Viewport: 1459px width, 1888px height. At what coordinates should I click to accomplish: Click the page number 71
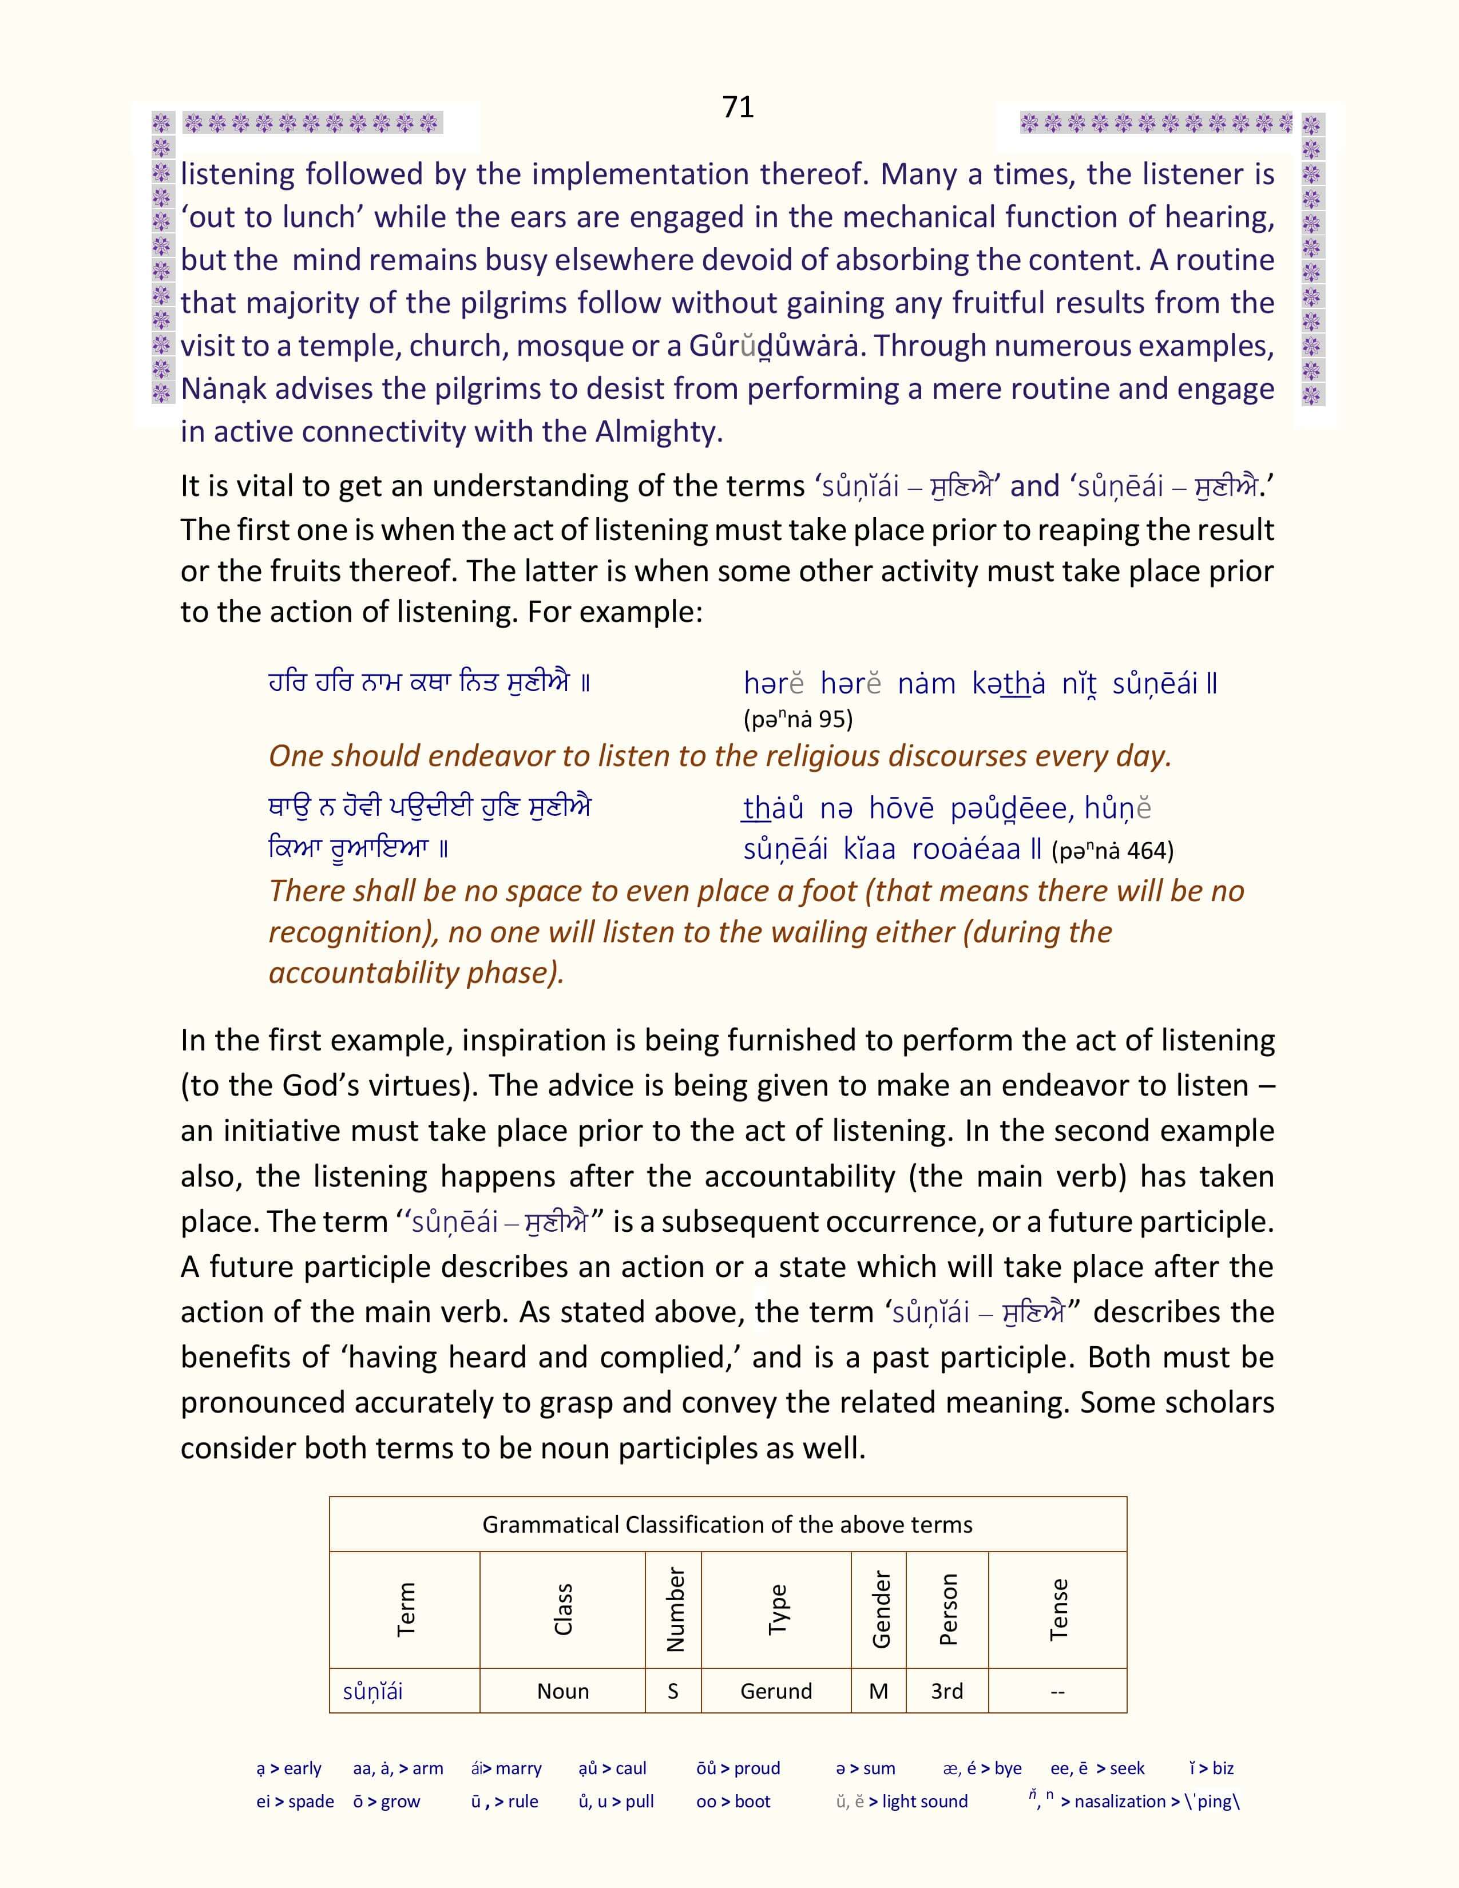pyautogui.click(x=738, y=107)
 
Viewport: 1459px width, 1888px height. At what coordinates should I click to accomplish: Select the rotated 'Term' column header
pyautogui.click(x=406, y=1609)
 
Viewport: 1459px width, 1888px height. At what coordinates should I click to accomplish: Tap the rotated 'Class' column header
pyautogui.click(x=562, y=1609)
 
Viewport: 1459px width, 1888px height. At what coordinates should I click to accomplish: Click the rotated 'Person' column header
pyautogui.click(x=948, y=1609)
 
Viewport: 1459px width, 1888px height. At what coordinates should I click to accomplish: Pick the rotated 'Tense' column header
pyautogui.click(x=1058, y=1609)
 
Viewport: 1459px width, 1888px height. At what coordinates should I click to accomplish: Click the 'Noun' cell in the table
pyautogui.click(x=562, y=1691)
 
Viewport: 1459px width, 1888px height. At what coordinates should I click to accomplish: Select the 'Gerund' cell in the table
pyautogui.click(x=776, y=1691)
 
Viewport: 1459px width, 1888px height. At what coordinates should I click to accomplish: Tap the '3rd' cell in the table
pyautogui.click(x=947, y=1691)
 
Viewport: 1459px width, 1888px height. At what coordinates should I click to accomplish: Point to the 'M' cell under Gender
pyautogui.click(x=879, y=1691)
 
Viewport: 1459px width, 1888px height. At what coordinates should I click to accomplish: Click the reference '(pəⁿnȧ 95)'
pyautogui.click(x=798, y=719)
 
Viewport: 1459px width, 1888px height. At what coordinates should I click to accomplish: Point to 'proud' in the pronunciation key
pyautogui.click(x=757, y=1768)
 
